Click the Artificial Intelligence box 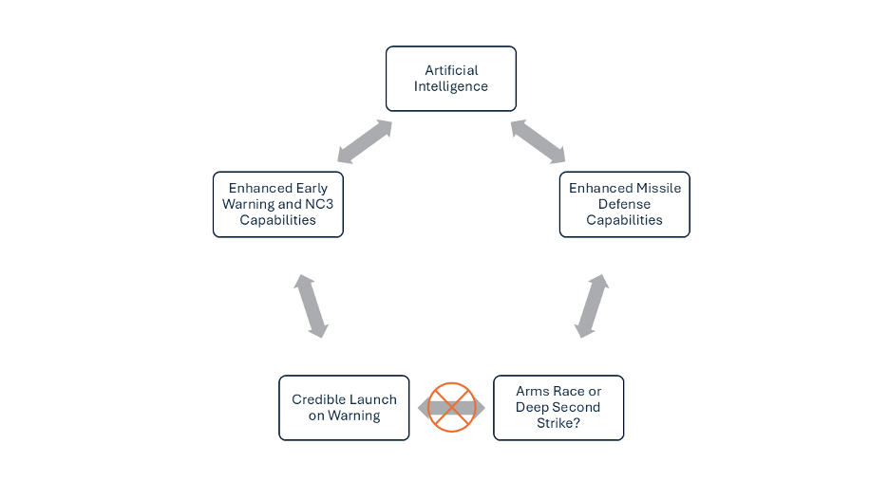[x=450, y=79]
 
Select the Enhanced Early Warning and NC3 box [x=277, y=204]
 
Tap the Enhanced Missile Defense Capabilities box [x=624, y=204]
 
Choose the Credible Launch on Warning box [x=344, y=407]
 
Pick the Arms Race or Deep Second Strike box [x=558, y=407]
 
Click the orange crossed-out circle [x=451, y=407]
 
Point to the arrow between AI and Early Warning [x=365, y=140]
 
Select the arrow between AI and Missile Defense [x=538, y=140]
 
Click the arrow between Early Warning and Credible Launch [x=311, y=305]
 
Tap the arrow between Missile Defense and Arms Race [x=592, y=305]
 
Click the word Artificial [x=451, y=70]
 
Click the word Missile [x=658, y=188]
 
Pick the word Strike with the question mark [x=558, y=423]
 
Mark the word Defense [x=624, y=204]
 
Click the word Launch [x=371, y=399]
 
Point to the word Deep [x=532, y=407]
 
